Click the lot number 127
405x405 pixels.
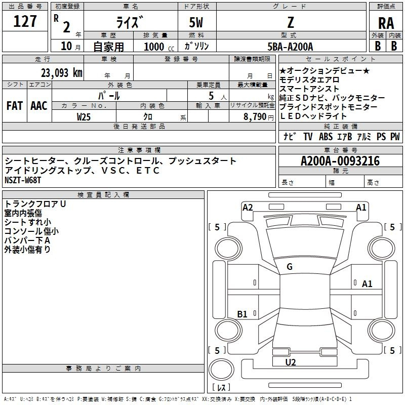click(x=25, y=21)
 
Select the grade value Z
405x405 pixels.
click(x=291, y=22)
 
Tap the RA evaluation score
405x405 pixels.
click(x=386, y=23)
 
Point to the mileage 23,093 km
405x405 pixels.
click(x=61, y=73)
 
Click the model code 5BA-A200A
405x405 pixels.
click(x=290, y=47)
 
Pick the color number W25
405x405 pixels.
click(x=84, y=117)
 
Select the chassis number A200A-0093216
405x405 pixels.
click(x=340, y=161)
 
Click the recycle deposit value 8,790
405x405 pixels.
click(x=255, y=117)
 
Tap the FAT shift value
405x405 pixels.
click(x=15, y=106)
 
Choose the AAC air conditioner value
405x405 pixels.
click(x=39, y=106)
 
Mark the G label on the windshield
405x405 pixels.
click(x=290, y=267)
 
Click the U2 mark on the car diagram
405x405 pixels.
click(x=291, y=362)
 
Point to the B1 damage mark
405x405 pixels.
click(x=242, y=314)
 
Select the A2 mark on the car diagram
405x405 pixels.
click(x=248, y=208)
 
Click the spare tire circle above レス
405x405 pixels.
click(x=221, y=370)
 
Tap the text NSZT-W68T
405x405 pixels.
click(x=23, y=180)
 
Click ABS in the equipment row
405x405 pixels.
click(x=326, y=137)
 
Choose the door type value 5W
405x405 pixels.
click(x=196, y=22)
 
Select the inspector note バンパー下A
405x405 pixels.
click(x=27, y=240)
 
